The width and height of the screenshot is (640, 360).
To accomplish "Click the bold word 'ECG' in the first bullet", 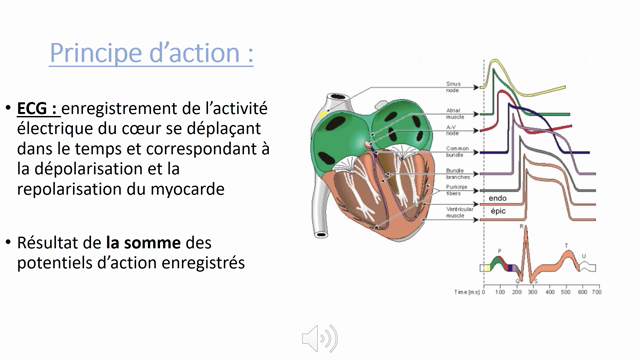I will point(38,107).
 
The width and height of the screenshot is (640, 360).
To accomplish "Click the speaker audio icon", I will point(319,338).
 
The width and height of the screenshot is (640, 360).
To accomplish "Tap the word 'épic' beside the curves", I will point(499,211).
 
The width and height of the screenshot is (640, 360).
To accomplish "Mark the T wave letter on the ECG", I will point(566,245).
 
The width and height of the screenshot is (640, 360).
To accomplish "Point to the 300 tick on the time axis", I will point(531,290).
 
